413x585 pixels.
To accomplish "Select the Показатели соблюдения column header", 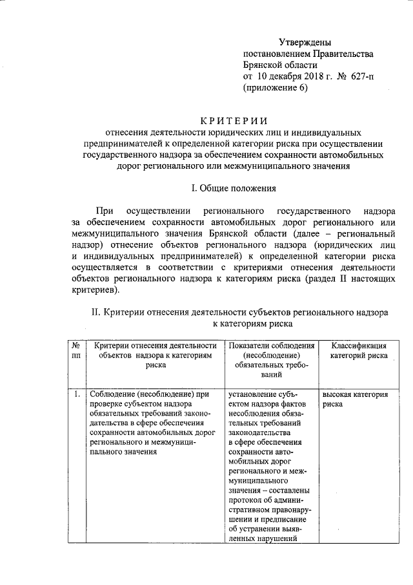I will [x=271, y=346].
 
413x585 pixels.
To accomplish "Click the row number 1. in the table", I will [x=76, y=394].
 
